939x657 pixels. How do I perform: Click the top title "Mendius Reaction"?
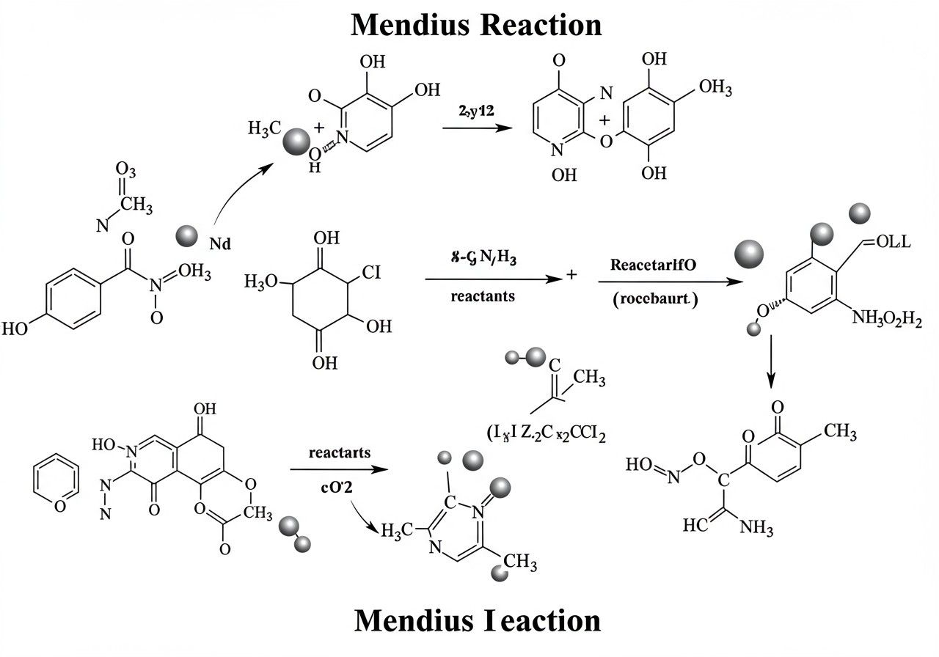coord(476,25)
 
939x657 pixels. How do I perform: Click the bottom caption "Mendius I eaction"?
coord(477,620)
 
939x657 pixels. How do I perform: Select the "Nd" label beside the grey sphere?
coord(220,244)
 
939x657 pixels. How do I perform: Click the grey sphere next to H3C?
coord(296,141)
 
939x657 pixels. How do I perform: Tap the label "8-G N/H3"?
coord(484,258)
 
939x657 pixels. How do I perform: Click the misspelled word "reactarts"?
coord(340,452)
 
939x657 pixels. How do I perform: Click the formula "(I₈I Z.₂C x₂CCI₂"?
coord(547,433)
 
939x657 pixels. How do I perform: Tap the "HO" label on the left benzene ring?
coord(16,327)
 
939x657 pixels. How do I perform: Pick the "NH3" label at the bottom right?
coord(756,528)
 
